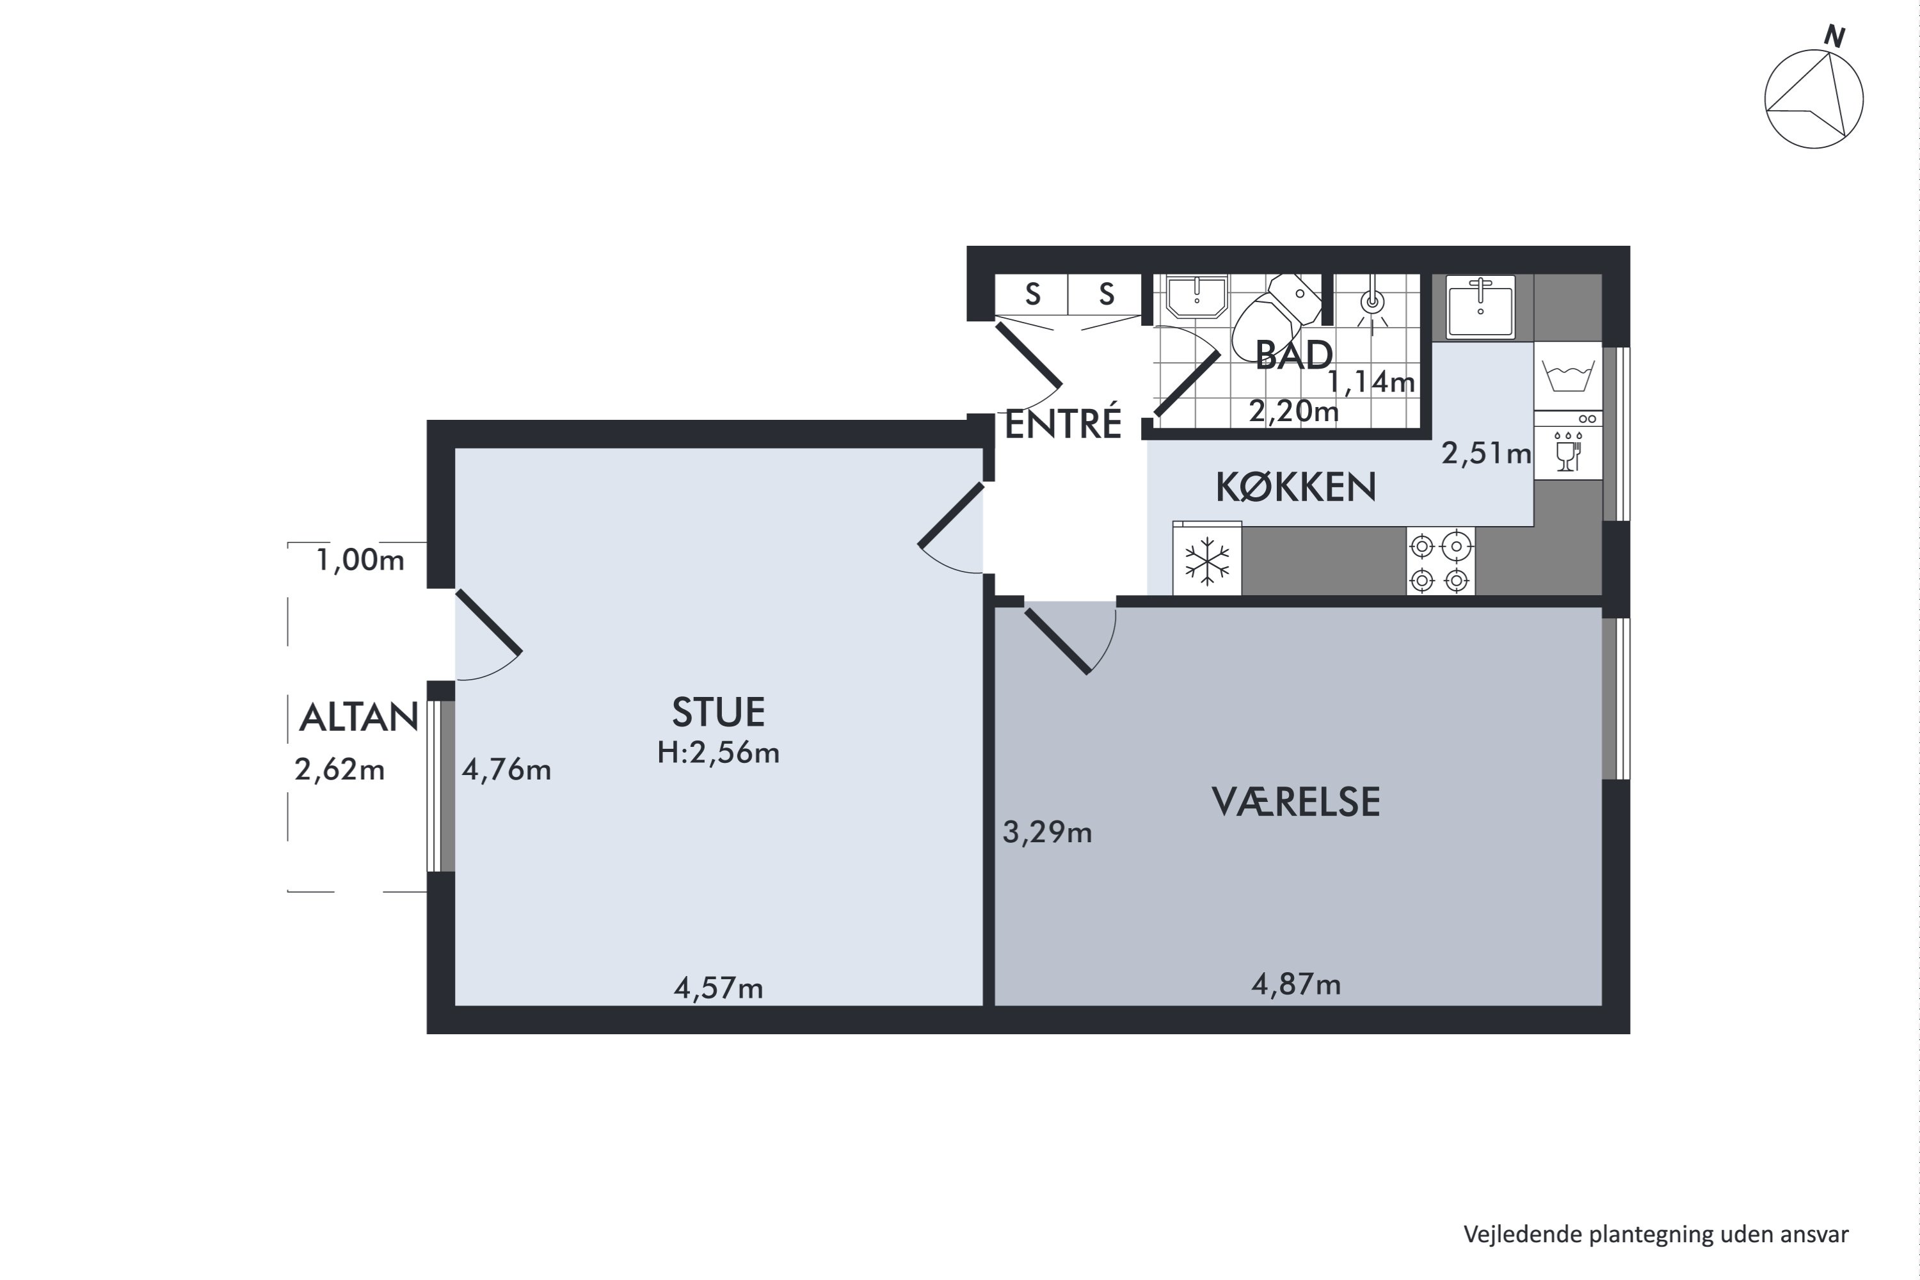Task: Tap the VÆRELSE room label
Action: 1295,803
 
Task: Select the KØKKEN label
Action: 1295,487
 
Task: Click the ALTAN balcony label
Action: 358,717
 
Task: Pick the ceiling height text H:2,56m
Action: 717,753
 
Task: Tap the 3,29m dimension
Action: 1046,833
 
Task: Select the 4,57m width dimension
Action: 717,989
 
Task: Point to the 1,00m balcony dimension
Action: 359,560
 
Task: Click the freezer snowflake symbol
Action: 1206,561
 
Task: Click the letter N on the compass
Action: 1834,36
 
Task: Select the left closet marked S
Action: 1032,294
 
